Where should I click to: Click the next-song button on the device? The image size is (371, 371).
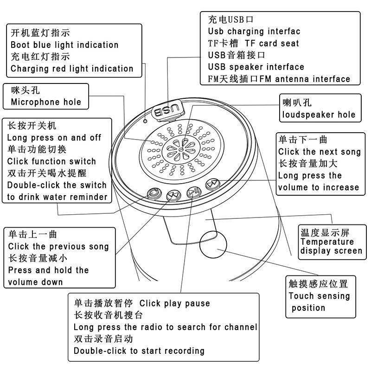pos(212,184)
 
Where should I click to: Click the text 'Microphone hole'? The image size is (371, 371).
pos(45,102)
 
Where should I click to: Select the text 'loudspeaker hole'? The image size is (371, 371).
pos(319,115)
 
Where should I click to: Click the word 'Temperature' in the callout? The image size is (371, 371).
pos(327,242)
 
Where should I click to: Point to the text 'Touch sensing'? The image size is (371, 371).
pos(319,296)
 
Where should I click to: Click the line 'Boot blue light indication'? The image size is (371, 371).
pos(64,45)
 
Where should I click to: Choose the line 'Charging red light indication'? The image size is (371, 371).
pos(72,69)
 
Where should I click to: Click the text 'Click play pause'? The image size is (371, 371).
pos(175,304)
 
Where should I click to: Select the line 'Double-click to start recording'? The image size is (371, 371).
pos(139,351)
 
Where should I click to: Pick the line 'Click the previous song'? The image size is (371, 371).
pos(58,247)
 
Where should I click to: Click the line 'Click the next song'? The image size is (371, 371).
pos(319,152)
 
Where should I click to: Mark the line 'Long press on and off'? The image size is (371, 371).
pos(54,138)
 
